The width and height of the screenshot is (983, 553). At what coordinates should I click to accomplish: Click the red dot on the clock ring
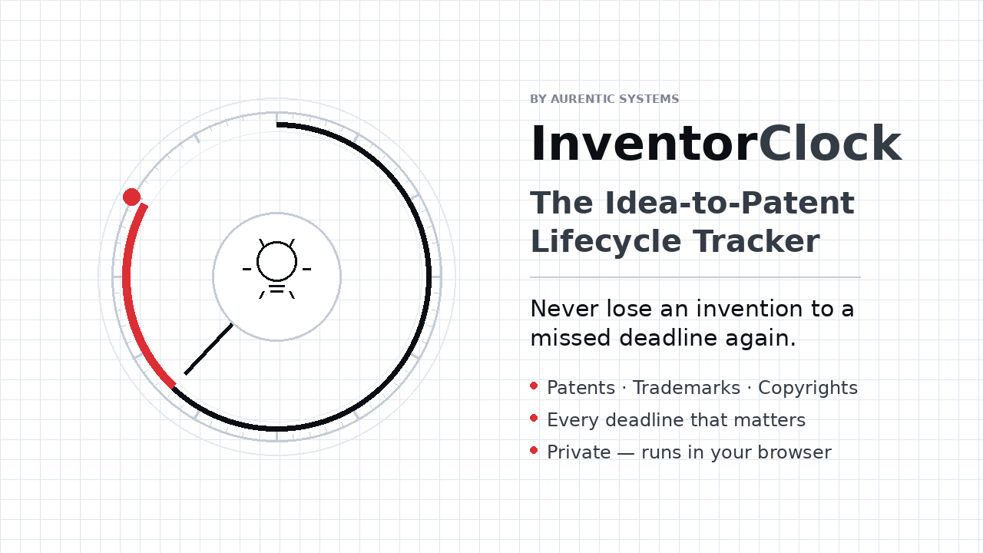(131, 197)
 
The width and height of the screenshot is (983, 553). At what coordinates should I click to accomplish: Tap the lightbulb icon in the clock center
(277, 269)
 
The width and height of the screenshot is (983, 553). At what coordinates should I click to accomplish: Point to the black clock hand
(208, 349)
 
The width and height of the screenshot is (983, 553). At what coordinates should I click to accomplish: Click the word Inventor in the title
(644, 144)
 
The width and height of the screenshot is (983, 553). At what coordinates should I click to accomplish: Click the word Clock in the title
(830, 143)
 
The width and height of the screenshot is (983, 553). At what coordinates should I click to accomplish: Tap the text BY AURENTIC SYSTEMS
(604, 99)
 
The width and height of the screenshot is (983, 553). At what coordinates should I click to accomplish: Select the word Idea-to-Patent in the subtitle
(730, 203)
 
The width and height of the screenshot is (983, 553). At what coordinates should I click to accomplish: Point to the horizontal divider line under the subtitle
(695, 277)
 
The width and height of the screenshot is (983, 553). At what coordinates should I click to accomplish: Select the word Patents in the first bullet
(581, 388)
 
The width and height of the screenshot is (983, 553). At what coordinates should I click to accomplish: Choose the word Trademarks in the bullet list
(687, 388)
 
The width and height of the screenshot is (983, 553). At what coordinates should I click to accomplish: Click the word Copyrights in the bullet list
(807, 388)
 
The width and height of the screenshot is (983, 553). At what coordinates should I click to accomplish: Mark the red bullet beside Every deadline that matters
(534, 419)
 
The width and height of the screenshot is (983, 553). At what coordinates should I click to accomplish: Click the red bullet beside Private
(534, 450)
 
